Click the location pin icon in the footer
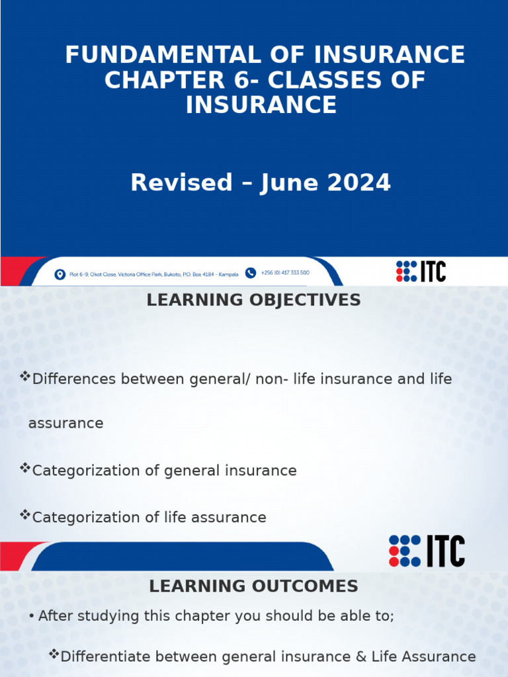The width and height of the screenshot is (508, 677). (x=60, y=274)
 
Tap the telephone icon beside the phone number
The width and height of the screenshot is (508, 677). (x=251, y=272)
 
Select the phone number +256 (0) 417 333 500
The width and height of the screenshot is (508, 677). (x=285, y=272)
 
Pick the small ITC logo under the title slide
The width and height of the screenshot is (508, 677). (x=421, y=271)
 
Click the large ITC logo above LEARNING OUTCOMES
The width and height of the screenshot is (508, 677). (x=427, y=551)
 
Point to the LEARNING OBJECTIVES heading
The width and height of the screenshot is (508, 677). (x=253, y=300)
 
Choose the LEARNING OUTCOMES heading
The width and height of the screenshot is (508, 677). (x=253, y=586)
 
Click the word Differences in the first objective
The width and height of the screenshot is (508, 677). (x=74, y=379)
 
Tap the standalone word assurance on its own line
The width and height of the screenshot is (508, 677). (x=65, y=423)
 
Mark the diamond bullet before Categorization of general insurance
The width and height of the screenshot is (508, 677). (x=26, y=469)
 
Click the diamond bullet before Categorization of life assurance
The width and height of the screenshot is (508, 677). (x=26, y=515)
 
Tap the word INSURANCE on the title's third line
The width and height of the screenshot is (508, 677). (x=261, y=104)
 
